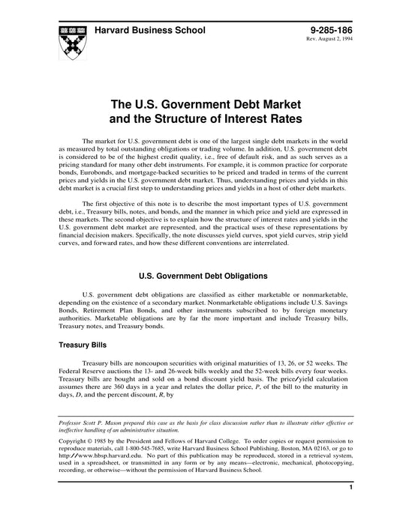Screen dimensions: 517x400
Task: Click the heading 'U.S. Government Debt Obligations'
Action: [x=200, y=275]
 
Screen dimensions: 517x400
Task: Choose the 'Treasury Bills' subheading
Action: [x=85, y=346]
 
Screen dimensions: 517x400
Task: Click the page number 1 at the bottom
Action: [x=350, y=509]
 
